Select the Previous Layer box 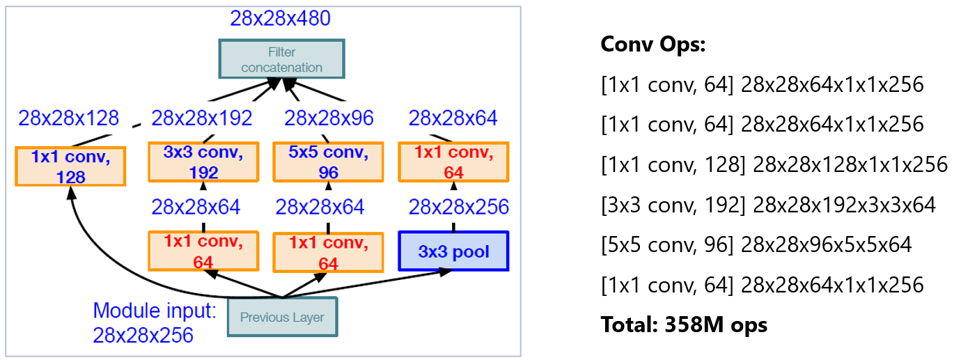[282, 318]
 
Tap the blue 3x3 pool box [453, 251]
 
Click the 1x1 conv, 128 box [70, 166]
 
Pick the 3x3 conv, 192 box [203, 162]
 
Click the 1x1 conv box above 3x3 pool [453, 162]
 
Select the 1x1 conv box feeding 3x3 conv [203, 251]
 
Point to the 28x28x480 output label [281, 18]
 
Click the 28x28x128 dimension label [69, 118]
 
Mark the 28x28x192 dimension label [201, 118]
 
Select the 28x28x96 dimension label [329, 118]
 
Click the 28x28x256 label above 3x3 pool [458, 207]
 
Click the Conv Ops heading [653, 45]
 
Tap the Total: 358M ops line [684, 324]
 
